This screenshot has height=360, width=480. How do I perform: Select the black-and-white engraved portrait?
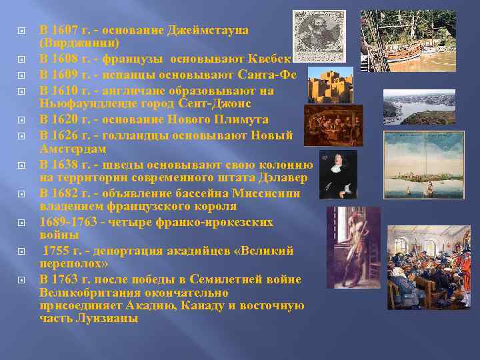pos(319,36)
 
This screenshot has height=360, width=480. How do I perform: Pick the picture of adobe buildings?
pos(330,84)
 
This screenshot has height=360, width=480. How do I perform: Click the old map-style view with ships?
pos(423,164)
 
